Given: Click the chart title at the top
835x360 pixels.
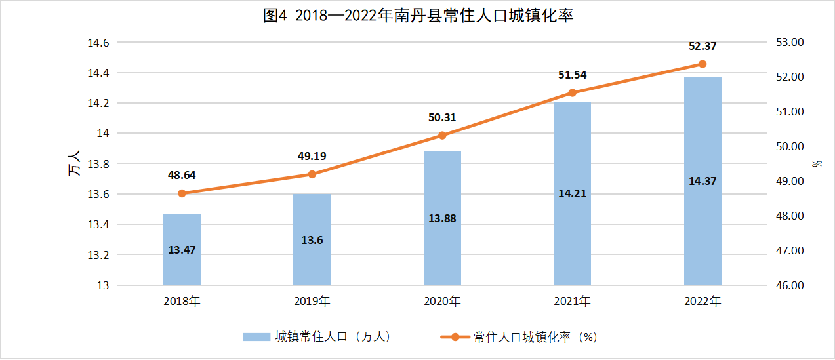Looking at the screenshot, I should (x=418, y=16).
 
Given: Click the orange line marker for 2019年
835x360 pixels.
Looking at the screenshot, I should (x=312, y=174).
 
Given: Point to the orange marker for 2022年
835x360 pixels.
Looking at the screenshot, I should (x=703, y=64).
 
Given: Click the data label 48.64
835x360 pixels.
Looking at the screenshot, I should (x=182, y=175).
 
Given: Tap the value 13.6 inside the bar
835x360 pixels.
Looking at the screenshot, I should (x=312, y=240).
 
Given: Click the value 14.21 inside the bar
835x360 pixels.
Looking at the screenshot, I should (x=572, y=193).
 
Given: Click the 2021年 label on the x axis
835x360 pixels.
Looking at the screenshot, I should (x=572, y=302).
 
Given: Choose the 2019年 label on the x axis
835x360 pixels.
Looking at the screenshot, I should (x=312, y=302).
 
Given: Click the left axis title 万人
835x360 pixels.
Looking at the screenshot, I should (x=73, y=163).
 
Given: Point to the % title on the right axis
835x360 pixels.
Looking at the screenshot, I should (x=817, y=163).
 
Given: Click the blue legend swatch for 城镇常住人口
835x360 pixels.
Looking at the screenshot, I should (x=256, y=337).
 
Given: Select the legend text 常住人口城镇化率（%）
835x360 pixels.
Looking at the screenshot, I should (x=535, y=337).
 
